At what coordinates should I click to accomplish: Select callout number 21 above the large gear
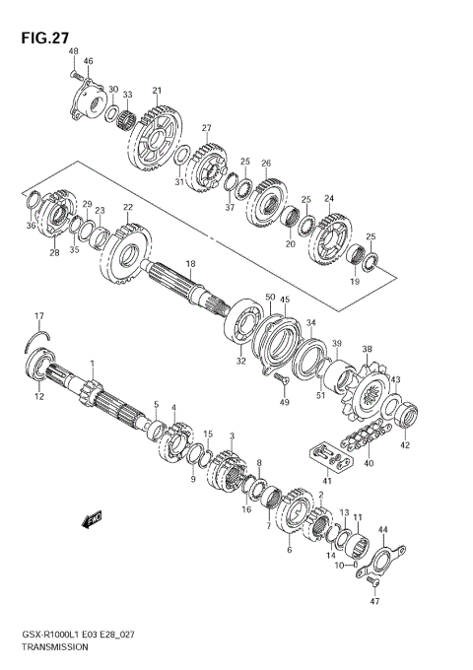coord(156,92)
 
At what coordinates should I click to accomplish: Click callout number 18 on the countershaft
coord(190,264)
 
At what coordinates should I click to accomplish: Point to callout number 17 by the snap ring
coord(39,315)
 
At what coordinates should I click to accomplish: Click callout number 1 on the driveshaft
coord(92,365)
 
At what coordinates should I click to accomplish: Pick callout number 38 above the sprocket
coord(367,349)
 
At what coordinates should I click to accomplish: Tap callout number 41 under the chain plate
coord(327,480)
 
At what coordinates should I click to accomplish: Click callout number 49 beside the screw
coord(284,402)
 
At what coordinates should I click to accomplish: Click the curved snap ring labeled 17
coord(37,340)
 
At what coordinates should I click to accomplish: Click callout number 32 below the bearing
coord(240,362)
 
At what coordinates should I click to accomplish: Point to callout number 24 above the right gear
coord(329,198)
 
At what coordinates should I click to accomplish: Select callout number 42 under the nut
coord(404,445)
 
